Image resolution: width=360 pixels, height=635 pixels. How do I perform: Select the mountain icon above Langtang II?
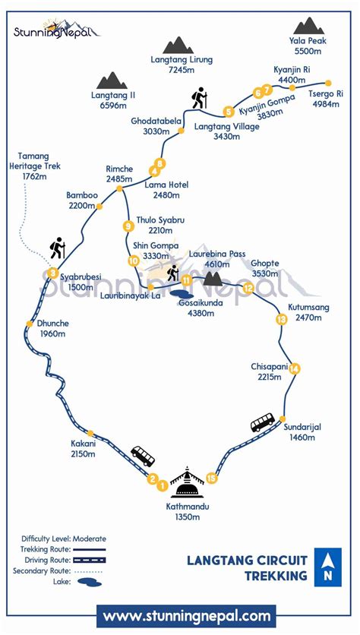112,81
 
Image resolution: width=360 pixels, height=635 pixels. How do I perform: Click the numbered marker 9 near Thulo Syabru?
128,226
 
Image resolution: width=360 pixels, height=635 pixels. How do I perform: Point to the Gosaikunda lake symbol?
182,292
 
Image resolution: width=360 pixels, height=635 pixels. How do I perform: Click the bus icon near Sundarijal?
263,422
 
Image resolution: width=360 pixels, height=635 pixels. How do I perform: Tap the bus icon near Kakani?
143,456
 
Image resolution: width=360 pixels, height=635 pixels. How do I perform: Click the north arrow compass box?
327,567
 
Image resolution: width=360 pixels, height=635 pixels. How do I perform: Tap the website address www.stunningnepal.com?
186,615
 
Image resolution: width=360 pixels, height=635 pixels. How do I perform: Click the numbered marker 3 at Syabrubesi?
52,273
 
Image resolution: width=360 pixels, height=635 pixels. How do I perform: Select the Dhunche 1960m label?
54,328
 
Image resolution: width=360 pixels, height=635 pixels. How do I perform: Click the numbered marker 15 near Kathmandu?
212,478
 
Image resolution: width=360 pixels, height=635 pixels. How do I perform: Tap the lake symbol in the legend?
91,582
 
